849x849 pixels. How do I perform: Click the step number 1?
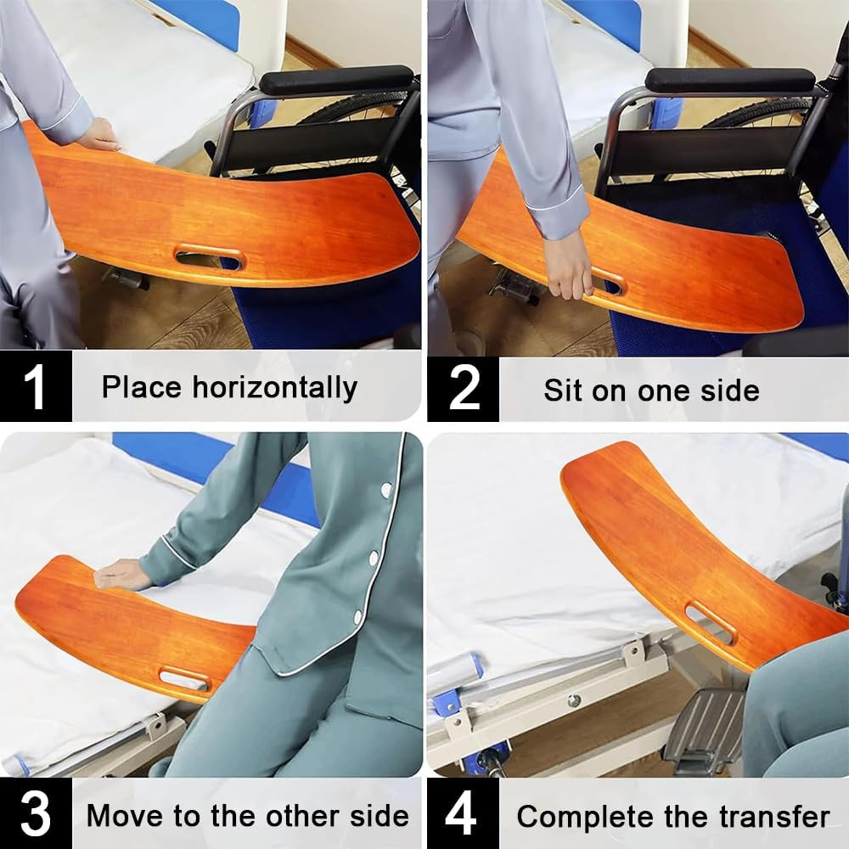(34, 388)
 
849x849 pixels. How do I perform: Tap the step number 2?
(464, 390)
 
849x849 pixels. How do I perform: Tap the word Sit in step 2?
(564, 391)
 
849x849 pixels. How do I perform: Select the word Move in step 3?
(126, 817)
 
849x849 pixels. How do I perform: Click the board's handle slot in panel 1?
(209, 256)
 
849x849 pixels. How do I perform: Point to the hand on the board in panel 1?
(98, 135)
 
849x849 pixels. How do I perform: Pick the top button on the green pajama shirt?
(387, 491)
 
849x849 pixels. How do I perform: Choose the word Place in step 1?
(142, 388)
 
